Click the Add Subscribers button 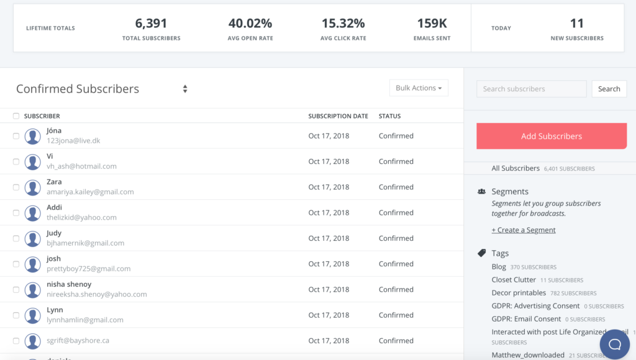click(552, 136)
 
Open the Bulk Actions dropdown click(419, 88)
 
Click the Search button click(609, 89)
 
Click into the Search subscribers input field click(531, 89)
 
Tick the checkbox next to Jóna click(16, 136)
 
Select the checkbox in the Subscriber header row click(16, 116)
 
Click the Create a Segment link click(524, 230)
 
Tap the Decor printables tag click(519, 293)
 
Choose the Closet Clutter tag click(514, 280)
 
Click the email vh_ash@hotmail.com click(81, 166)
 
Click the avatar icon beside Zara click(33, 187)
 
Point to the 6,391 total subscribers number click(152, 24)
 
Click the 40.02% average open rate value click(250, 24)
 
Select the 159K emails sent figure click(432, 24)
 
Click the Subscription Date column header click(338, 116)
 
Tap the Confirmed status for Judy click(396, 238)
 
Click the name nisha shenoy click(69, 284)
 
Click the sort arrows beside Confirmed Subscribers click(185, 89)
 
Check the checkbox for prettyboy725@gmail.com click(16, 264)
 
